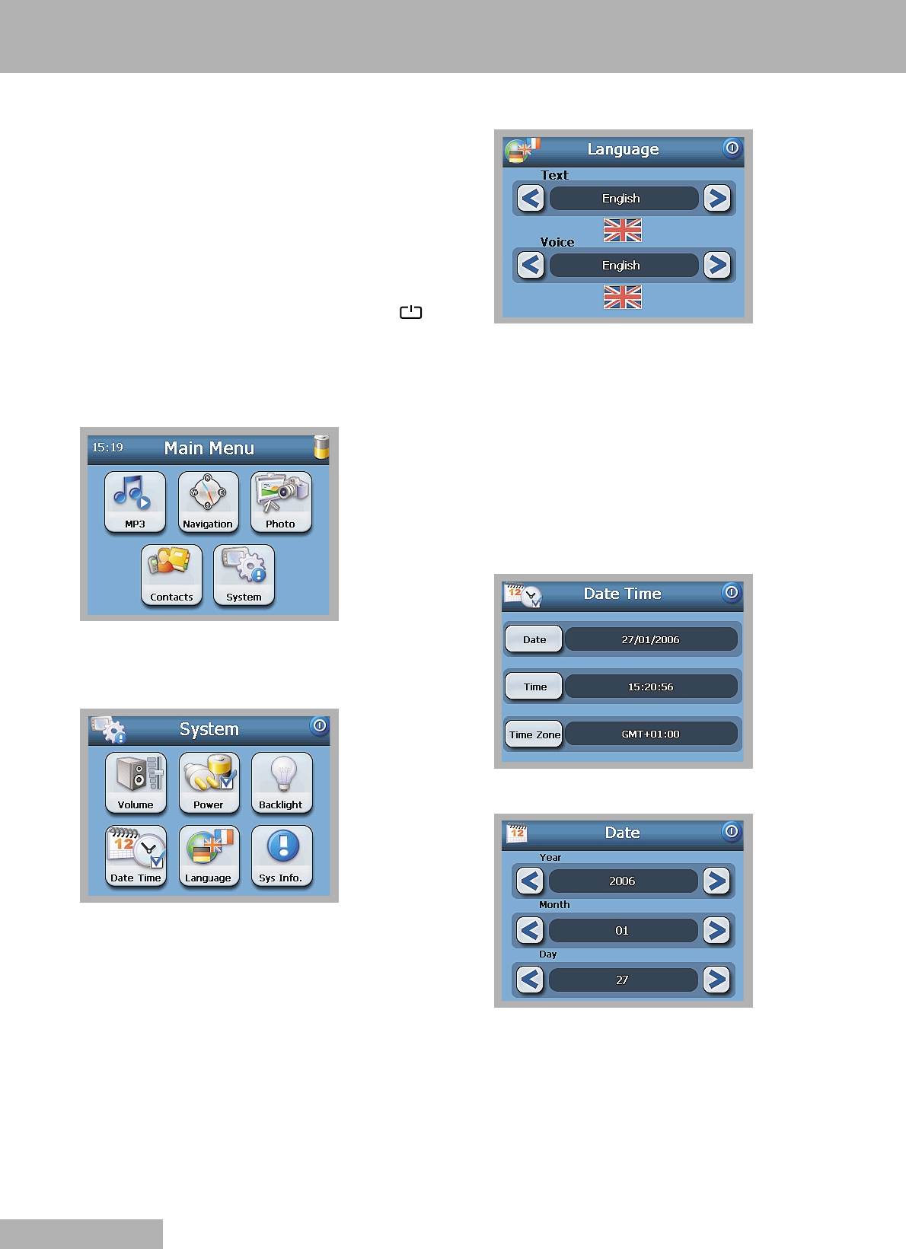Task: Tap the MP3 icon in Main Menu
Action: tap(135, 502)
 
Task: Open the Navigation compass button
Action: tap(208, 502)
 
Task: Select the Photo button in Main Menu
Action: tap(281, 502)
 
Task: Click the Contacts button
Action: tap(171, 575)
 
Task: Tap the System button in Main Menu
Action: tap(244, 575)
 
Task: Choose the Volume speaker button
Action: tap(136, 782)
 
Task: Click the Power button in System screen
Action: tap(209, 782)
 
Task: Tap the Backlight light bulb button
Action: tap(282, 782)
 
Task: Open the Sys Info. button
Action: tap(282, 856)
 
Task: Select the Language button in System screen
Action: tap(209, 856)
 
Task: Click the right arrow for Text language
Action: tap(716, 199)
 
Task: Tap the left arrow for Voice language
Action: tap(531, 266)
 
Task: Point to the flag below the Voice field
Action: tap(623, 297)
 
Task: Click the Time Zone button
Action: tap(534, 734)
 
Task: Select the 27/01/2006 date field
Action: tap(650, 639)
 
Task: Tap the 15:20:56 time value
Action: tap(650, 687)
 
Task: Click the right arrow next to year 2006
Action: tap(716, 881)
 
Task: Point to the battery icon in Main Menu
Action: tap(321, 447)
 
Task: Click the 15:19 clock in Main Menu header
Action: tap(107, 448)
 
